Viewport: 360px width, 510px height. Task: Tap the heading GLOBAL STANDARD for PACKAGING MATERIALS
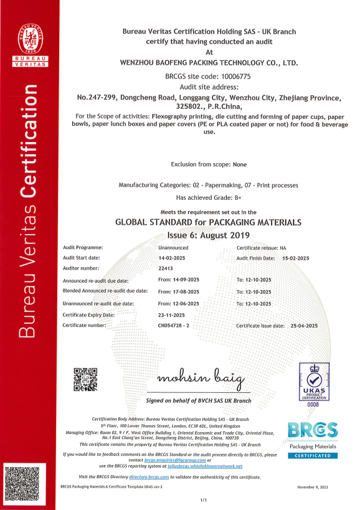[x=209, y=222]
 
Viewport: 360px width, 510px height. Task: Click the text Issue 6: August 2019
[x=208, y=235]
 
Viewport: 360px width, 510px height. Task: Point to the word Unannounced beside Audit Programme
[x=173, y=247]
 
